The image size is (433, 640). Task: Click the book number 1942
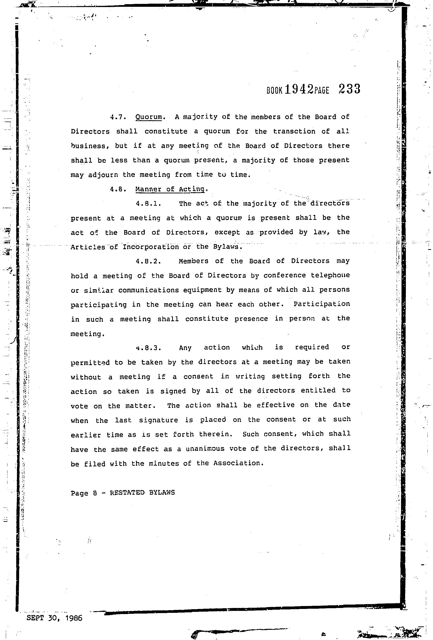point(299,89)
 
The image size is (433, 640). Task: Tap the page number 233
point(349,89)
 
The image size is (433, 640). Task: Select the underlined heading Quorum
point(149,117)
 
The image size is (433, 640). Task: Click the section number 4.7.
point(118,117)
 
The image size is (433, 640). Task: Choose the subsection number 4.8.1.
point(148,204)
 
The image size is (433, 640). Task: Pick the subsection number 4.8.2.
point(148,261)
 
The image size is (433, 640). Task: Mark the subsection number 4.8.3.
point(148,348)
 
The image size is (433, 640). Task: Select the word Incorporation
point(150,247)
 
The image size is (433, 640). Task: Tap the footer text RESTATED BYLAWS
point(142,493)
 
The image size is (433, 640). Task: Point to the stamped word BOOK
point(274,90)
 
